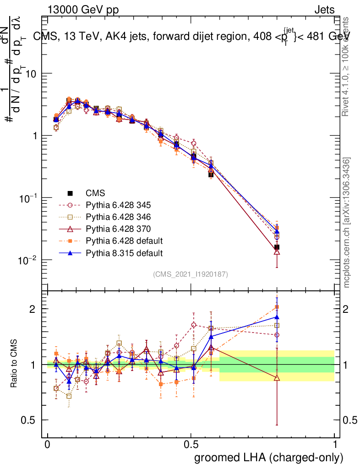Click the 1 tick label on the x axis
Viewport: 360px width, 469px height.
click(334, 445)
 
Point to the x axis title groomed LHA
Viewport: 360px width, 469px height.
click(269, 458)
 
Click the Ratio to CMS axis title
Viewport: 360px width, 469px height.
click(15, 364)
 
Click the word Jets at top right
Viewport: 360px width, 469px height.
click(324, 9)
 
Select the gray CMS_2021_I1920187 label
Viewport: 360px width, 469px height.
click(191, 274)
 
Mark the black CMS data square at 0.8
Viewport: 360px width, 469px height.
click(277, 247)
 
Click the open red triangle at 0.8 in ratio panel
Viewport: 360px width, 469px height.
click(277, 377)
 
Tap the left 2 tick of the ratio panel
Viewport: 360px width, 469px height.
click(36, 309)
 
